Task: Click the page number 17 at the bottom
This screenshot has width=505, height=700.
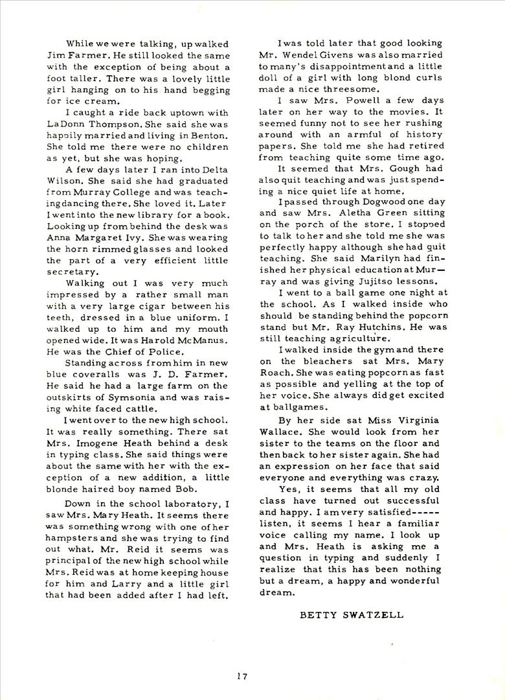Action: [242, 677]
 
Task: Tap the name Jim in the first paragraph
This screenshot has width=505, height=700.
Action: [54, 55]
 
